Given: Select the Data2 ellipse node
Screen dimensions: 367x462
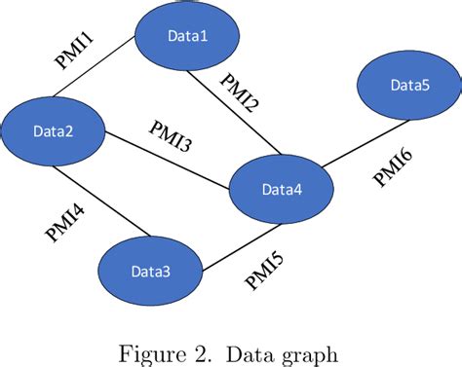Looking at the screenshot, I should [54, 131].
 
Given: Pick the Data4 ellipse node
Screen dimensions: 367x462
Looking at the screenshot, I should [280, 187].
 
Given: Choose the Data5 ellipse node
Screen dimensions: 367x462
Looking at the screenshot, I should [407, 85].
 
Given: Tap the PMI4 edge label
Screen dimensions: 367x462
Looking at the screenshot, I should [65, 220].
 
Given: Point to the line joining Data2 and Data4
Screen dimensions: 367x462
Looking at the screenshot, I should [166, 160].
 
